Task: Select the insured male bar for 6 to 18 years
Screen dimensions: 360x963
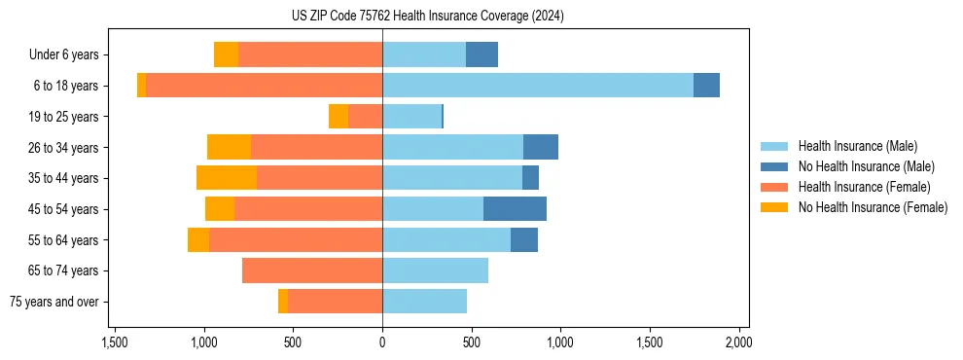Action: click(538, 86)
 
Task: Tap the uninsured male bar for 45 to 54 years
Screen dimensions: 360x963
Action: click(515, 209)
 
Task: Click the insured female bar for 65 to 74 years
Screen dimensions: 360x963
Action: click(312, 270)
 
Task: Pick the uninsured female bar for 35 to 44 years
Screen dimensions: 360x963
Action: click(227, 178)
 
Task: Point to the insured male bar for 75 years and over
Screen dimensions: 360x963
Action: click(424, 302)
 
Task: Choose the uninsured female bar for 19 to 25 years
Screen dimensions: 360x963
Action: click(339, 117)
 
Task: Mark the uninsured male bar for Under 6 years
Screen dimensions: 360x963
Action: click(481, 55)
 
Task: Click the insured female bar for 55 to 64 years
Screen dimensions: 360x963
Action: click(296, 240)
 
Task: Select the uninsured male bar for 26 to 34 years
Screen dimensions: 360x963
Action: click(541, 148)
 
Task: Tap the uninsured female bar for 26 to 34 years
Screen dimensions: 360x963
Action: click(230, 148)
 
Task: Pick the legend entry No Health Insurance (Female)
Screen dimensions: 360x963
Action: click(873, 207)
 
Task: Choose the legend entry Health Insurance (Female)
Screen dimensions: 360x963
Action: click(864, 187)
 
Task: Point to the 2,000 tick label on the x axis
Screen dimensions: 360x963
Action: click(738, 342)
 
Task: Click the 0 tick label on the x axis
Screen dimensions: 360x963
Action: click(382, 342)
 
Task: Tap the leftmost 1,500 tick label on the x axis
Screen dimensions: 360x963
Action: click(115, 342)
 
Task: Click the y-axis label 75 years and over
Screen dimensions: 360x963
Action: click(54, 302)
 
